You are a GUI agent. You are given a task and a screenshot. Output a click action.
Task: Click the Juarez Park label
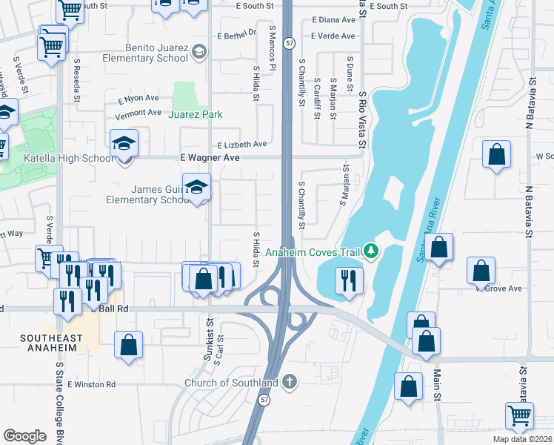(x=196, y=114)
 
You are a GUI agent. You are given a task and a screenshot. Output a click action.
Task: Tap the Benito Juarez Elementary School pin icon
(x=198, y=51)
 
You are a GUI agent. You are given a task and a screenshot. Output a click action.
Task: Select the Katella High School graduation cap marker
(x=124, y=143)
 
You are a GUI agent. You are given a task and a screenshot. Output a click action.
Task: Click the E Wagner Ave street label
(x=210, y=158)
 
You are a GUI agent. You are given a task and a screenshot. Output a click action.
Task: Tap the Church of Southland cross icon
(x=289, y=382)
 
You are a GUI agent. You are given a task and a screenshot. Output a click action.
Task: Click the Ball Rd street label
(x=108, y=308)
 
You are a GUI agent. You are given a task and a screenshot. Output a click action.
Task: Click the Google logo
(x=24, y=436)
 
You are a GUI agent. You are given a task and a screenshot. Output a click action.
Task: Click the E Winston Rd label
(x=91, y=384)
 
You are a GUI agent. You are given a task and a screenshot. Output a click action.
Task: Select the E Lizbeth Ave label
(x=241, y=145)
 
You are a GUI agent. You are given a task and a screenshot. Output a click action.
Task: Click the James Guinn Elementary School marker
(x=196, y=187)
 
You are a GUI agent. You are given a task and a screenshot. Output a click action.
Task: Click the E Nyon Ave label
(x=138, y=98)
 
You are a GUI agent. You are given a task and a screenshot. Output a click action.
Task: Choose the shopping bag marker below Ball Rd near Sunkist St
(x=128, y=345)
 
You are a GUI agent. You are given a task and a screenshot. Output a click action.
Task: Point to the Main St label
(x=437, y=386)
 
